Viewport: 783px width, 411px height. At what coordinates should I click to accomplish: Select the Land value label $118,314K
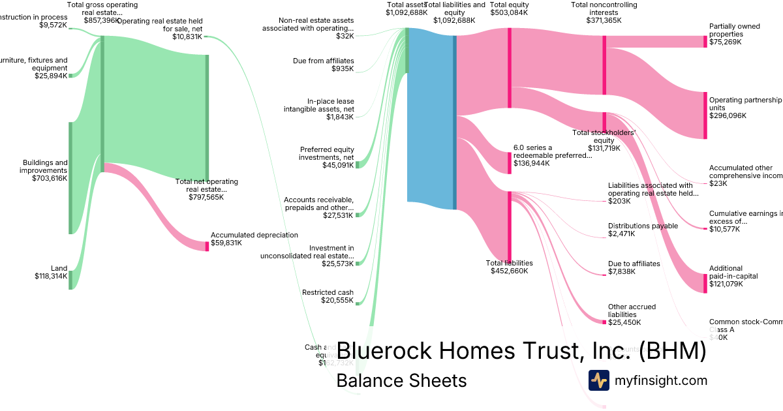[51, 276]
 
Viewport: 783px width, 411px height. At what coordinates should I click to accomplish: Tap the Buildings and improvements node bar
[70, 177]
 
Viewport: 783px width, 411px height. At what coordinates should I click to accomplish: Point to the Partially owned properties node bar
[705, 42]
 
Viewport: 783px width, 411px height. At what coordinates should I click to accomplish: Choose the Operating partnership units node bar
[705, 115]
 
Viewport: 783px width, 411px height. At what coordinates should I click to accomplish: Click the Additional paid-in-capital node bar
[705, 283]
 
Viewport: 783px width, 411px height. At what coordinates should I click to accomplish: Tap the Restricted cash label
[328, 292]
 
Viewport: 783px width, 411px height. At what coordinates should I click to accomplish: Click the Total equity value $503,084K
[509, 12]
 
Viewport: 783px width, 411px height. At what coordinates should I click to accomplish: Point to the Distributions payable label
[643, 226]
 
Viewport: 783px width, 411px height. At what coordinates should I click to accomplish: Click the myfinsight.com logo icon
[598, 380]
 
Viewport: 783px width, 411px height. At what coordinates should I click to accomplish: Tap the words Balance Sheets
[401, 380]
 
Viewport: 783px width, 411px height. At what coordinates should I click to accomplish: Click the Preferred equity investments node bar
[358, 164]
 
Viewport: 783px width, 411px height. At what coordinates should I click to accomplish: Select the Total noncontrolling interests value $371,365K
[604, 20]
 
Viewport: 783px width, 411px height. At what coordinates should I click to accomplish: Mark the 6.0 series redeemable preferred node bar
[510, 162]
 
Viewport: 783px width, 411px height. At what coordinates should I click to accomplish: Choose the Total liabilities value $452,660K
[509, 271]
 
